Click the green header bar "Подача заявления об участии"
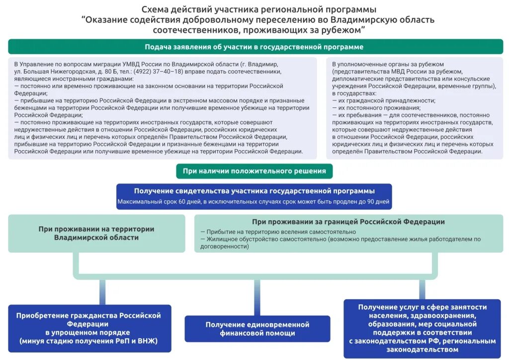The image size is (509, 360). pos(254,47)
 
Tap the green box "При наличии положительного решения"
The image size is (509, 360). pos(254,171)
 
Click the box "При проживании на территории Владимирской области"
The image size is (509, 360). pos(96,233)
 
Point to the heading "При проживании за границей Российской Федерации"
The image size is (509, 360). pos(348,222)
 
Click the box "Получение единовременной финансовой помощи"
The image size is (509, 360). pos(257,329)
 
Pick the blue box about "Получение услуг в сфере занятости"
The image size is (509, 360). pos(422,328)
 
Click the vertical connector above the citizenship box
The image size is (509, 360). pos(102,291)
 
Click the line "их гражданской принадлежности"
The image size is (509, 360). pos(386,100)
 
